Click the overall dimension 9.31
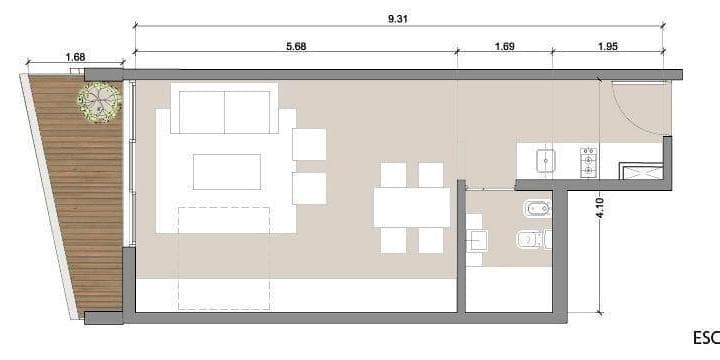click(398, 17)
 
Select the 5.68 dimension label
click(295, 47)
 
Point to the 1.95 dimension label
click(608, 47)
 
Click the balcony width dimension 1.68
click(75, 58)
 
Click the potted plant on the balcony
click(99, 101)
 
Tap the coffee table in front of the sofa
click(226, 171)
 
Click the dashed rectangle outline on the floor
click(224, 255)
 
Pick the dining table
click(411, 207)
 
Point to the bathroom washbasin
click(477, 240)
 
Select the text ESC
click(704, 338)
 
